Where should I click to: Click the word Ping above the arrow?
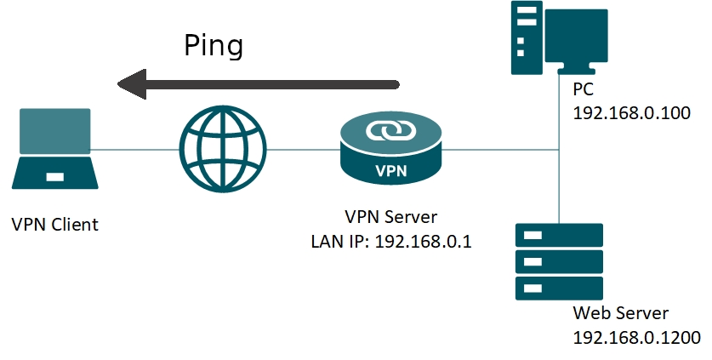(214, 46)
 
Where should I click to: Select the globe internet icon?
(223, 150)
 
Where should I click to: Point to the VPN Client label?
(54, 225)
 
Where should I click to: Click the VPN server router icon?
(391, 150)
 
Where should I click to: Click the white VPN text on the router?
(390, 169)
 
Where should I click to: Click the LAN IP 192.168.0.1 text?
(391, 241)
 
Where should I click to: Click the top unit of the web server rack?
(559, 235)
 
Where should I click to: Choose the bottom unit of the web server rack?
(559, 288)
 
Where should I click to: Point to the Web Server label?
(621, 311)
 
